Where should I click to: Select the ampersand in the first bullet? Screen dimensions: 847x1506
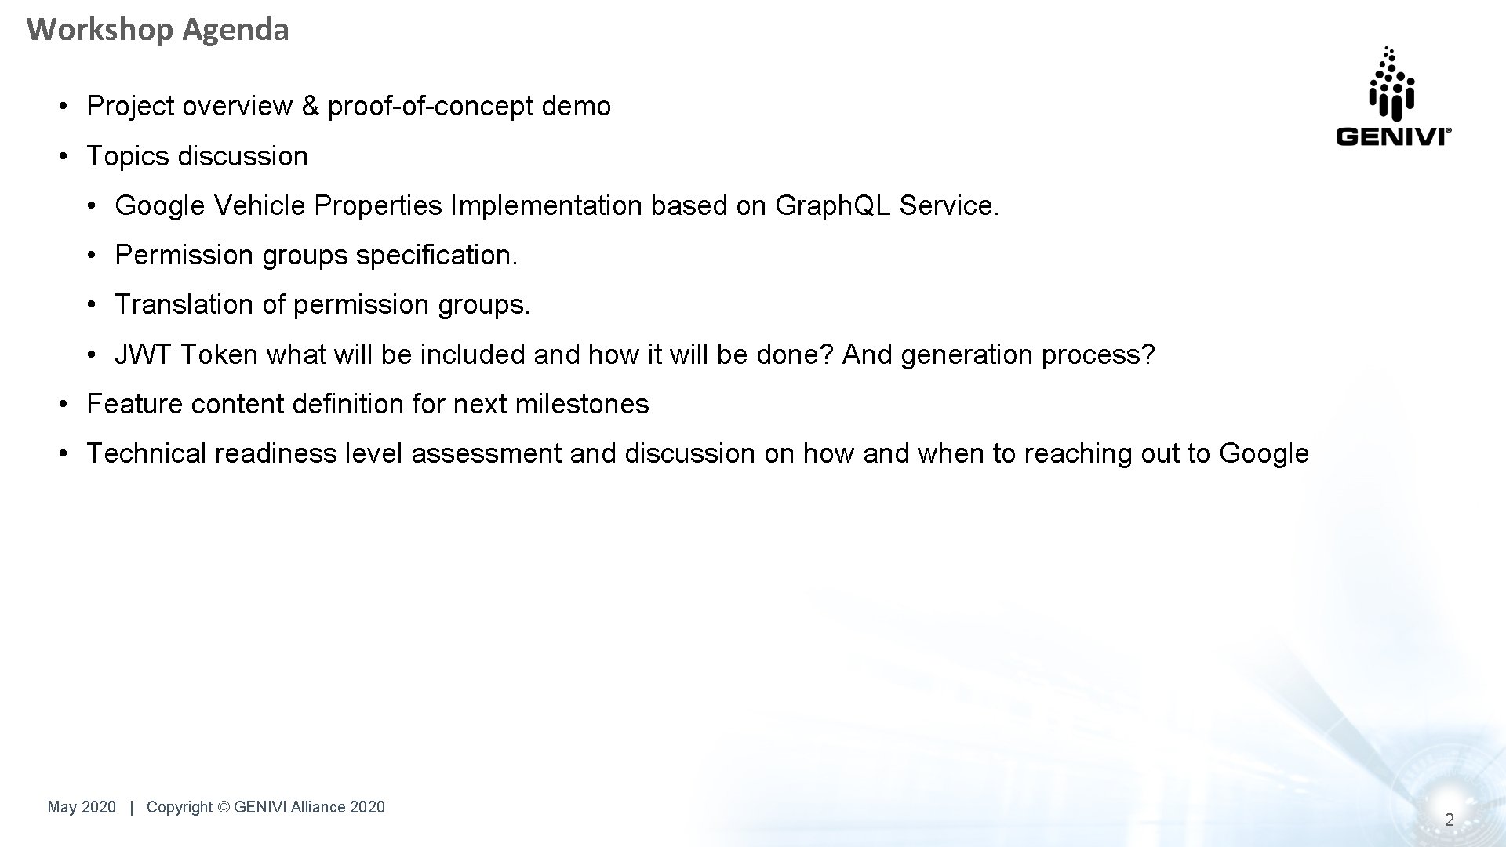click(310, 106)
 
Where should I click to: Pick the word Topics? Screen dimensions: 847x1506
click(128, 156)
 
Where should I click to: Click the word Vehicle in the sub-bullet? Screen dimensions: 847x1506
click(259, 205)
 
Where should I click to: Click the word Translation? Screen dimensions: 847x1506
click(184, 304)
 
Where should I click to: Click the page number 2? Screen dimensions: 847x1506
click(1449, 820)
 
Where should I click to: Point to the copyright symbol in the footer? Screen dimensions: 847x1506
click(224, 807)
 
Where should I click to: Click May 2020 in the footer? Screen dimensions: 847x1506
click(82, 807)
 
